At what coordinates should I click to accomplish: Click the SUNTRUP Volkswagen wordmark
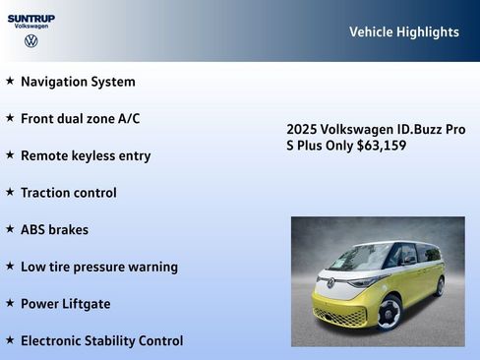point(31,21)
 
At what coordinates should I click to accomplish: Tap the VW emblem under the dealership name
point(31,41)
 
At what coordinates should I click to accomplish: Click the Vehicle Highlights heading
point(403,32)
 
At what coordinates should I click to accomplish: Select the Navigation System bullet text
point(78,82)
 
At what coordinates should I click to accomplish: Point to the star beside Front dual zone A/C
point(10,118)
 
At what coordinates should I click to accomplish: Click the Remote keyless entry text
point(86,155)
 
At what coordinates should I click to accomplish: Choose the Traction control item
point(68,193)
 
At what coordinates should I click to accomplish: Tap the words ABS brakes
point(54,229)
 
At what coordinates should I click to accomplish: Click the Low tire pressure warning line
point(98,267)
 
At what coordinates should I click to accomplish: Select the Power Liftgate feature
point(65,304)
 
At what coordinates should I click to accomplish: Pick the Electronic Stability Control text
point(101,340)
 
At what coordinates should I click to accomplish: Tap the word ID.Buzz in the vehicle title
point(412,129)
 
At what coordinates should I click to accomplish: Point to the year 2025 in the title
point(302,129)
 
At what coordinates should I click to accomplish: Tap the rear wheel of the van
point(439,286)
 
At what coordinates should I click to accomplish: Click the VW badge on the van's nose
point(330,283)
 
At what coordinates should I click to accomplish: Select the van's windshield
point(359,258)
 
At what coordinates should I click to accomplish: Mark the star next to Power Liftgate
point(10,303)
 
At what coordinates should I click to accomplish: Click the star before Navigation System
point(10,81)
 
